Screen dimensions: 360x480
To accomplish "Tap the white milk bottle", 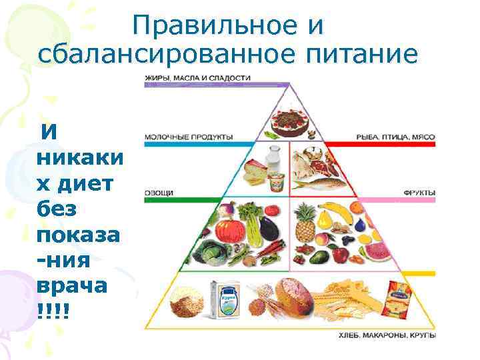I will [x=273, y=161].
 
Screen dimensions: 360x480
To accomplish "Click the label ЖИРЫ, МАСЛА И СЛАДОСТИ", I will [x=197, y=78].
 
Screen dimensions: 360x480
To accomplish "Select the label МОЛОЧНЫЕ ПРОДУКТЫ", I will [x=189, y=137].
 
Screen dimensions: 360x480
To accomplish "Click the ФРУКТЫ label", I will [x=419, y=193].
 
